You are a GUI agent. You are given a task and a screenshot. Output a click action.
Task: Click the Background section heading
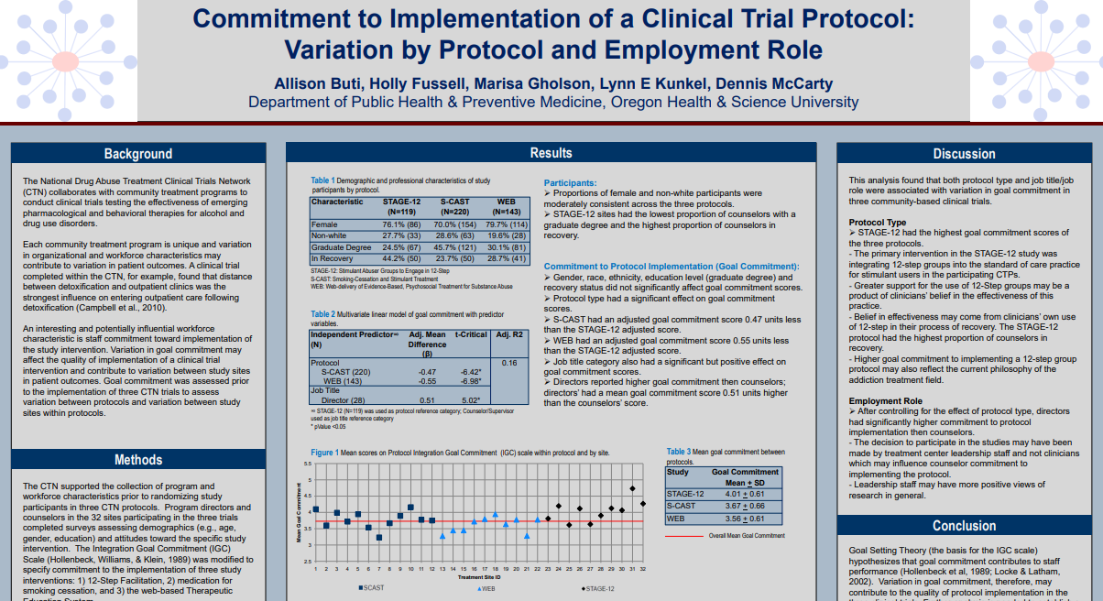pos(137,154)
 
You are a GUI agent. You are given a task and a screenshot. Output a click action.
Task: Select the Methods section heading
pos(137,460)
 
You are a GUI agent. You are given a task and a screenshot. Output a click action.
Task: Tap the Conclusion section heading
pos(964,526)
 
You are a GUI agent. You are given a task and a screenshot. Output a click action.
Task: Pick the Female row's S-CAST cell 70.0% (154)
pos(455,224)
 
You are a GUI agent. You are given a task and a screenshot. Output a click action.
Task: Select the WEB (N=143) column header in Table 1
pos(506,206)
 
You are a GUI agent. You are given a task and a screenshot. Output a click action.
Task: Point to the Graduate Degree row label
pos(342,247)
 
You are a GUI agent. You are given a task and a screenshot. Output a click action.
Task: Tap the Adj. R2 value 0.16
pos(510,363)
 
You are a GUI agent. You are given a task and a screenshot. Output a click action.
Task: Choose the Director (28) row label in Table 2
pos(344,399)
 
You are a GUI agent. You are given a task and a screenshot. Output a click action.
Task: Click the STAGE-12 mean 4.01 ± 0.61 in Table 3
pos(744,494)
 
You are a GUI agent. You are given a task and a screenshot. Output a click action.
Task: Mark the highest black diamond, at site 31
pos(632,488)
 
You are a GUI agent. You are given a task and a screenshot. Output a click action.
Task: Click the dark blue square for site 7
pos(379,537)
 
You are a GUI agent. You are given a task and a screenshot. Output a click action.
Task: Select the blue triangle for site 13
pos(442,536)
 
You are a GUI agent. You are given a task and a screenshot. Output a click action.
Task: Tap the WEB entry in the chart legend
pos(486,588)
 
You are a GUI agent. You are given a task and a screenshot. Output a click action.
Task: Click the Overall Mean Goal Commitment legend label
pos(747,535)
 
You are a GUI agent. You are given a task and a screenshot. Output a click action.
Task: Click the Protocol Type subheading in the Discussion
pos(878,223)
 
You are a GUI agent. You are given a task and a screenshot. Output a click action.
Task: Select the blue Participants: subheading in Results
pos(570,183)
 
